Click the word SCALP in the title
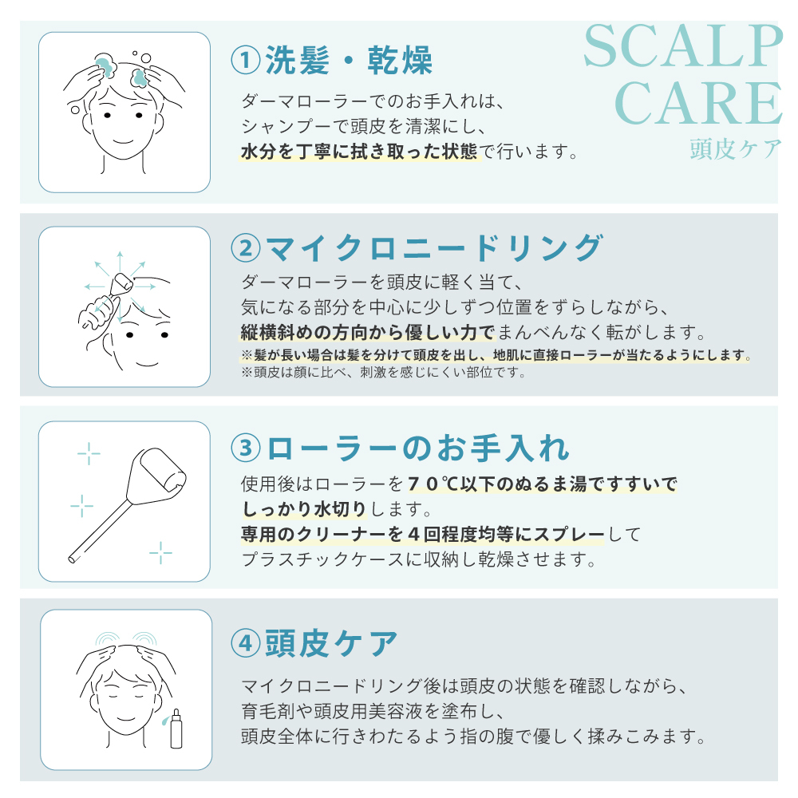(x=683, y=46)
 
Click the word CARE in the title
(x=698, y=103)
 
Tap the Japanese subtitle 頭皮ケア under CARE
(x=736, y=149)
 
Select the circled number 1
(x=246, y=60)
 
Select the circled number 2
(x=246, y=248)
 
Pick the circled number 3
(x=246, y=448)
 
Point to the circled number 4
(x=246, y=642)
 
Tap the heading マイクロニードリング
(x=435, y=248)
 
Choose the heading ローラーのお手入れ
(x=418, y=448)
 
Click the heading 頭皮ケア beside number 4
(x=331, y=642)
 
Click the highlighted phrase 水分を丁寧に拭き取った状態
(x=359, y=151)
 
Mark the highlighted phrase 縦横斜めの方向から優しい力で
(x=367, y=332)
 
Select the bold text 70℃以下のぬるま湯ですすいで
(x=543, y=484)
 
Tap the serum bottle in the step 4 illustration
(x=176, y=729)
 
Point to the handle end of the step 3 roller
(x=72, y=559)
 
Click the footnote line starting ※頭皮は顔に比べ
(x=383, y=373)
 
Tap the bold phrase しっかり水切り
(x=304, y=508)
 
